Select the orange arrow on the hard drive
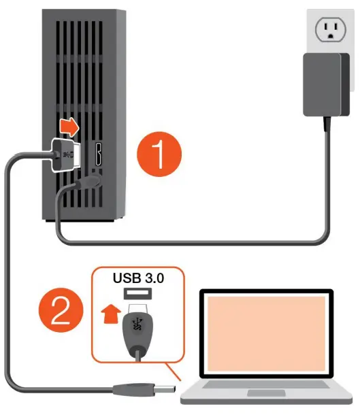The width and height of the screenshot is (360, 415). (x=69, y=127)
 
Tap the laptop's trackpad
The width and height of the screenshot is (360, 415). (x=265, y=394)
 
